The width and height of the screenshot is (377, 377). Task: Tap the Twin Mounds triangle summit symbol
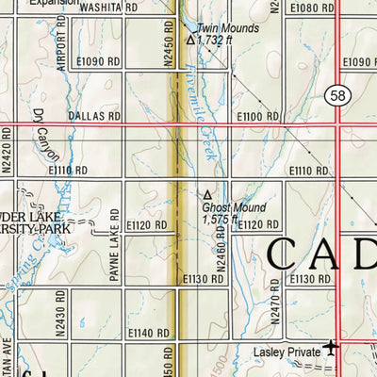190,41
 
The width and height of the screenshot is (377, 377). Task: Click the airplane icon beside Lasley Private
331,349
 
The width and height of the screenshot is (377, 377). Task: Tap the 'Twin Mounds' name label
226,29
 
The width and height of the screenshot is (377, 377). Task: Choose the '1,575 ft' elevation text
222,219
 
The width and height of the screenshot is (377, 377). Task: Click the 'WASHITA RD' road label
104,7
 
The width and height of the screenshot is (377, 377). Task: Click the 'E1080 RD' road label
311,7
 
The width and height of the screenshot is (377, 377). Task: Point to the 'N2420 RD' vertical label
7,153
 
